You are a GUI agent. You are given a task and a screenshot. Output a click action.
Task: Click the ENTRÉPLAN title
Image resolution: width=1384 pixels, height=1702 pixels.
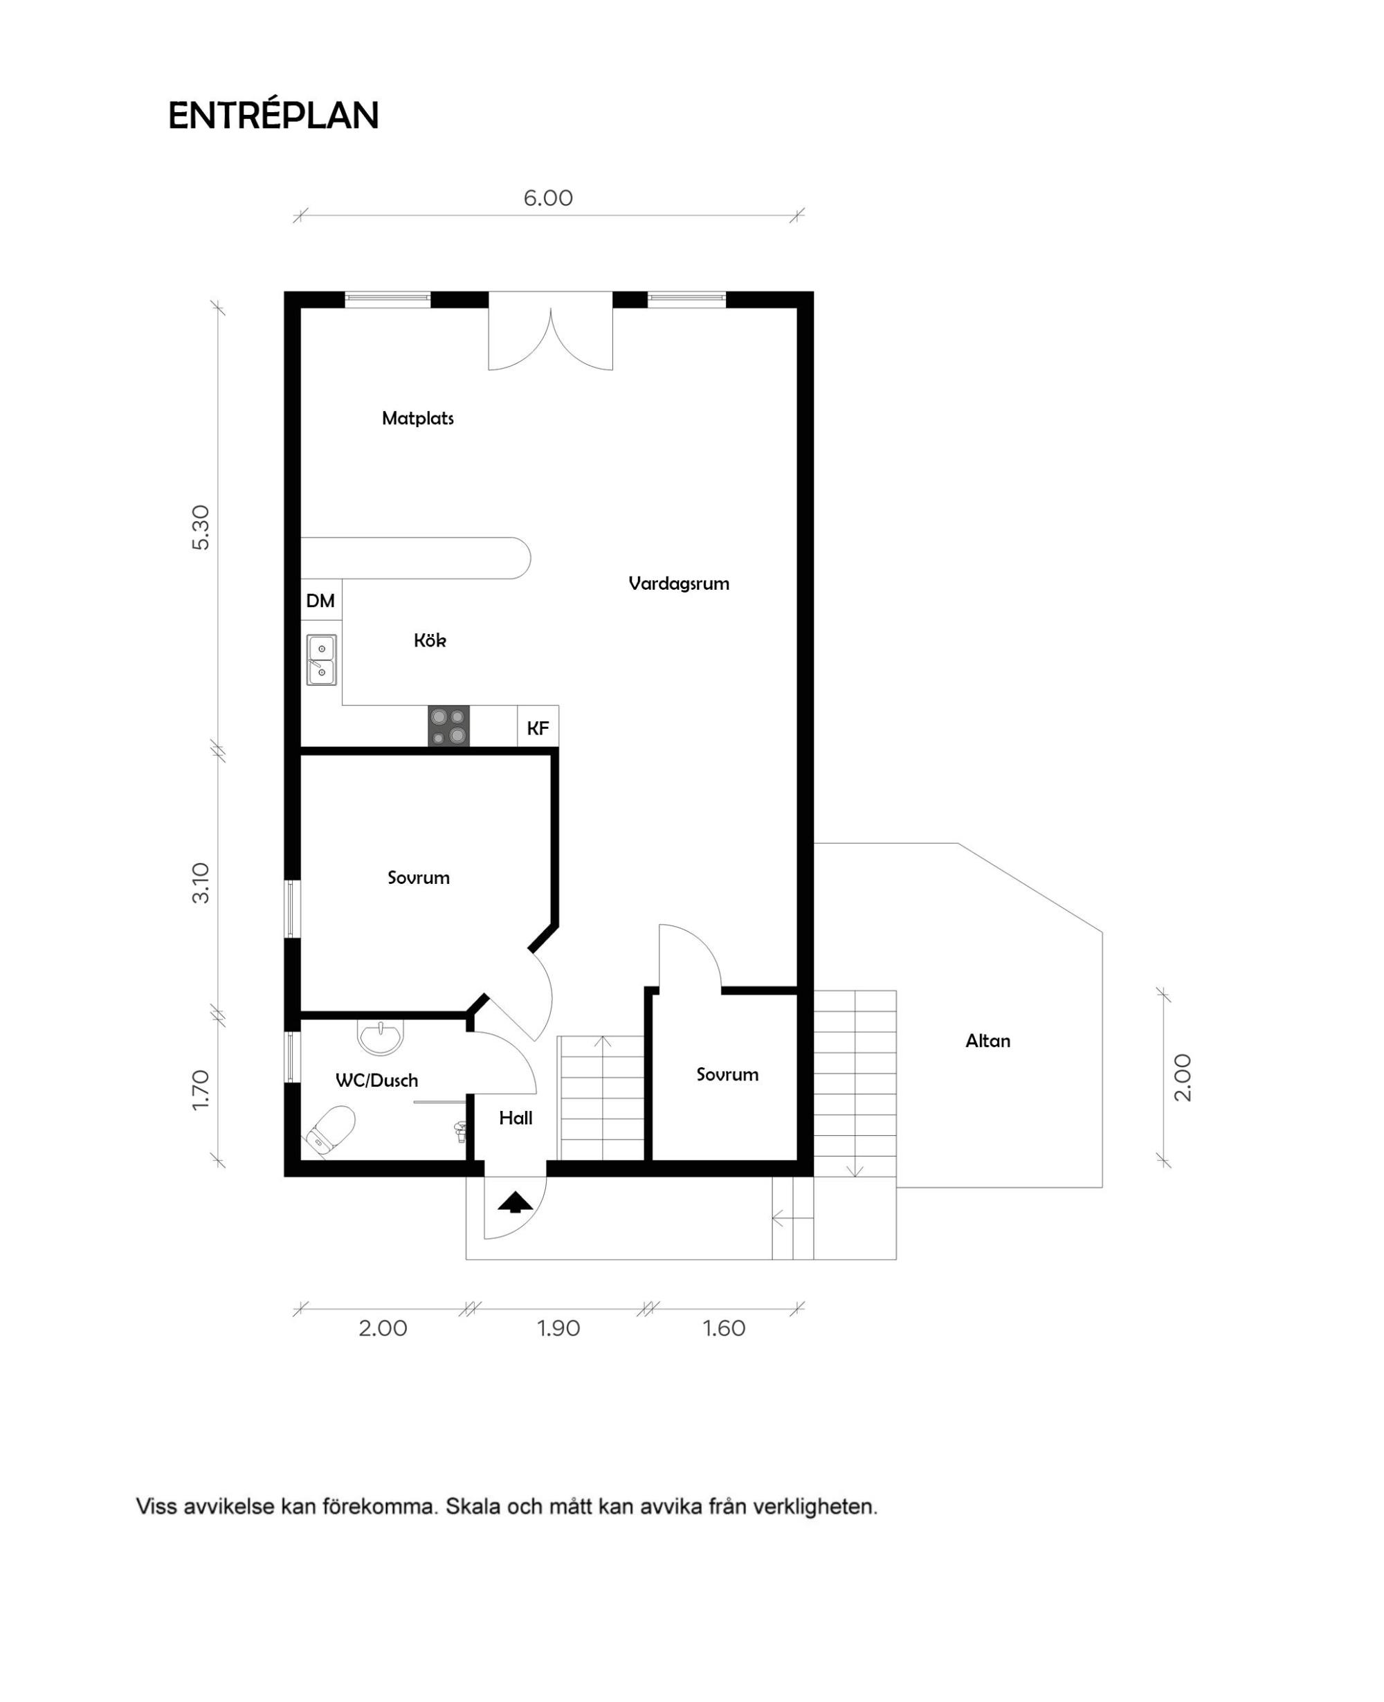pos(273,116)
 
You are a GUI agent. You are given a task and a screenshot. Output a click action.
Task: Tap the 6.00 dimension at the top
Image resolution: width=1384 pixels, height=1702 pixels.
pos(547,198)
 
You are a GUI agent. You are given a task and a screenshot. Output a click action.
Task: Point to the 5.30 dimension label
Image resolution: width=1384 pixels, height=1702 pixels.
pos(200,527)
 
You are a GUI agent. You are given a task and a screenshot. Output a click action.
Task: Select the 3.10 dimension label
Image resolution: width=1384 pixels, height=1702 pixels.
pos(200,882)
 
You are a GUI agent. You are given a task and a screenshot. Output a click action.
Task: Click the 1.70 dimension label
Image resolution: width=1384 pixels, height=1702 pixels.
pos(200,1089)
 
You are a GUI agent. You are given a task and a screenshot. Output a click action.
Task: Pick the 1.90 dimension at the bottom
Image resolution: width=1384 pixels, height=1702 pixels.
pos(558,1328)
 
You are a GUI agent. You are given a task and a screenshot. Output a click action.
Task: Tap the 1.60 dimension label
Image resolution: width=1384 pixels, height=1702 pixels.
pos(724,1328)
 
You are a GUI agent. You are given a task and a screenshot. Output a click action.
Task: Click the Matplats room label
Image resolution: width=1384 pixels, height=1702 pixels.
pos(418,418)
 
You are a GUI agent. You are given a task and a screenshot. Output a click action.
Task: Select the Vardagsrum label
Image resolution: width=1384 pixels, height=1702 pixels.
pos(678,583)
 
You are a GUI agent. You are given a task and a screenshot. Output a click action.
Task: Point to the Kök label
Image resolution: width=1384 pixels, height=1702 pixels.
pos(430,640)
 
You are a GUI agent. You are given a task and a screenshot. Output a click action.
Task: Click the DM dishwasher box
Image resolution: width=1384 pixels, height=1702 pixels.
pos(321,600)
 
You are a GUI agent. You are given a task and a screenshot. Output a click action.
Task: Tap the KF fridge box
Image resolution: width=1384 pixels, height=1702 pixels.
pos(538,727)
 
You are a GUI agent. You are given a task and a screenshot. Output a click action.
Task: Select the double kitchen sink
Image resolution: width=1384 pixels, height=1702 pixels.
pos(322,660)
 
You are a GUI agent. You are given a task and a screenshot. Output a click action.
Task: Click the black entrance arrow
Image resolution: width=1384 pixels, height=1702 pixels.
pos(516,1202)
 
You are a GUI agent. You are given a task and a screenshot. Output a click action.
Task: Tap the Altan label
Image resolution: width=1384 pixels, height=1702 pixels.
pos(987,1040)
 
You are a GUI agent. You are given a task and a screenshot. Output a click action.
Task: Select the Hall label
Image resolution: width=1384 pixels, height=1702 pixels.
pos(516,1119)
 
